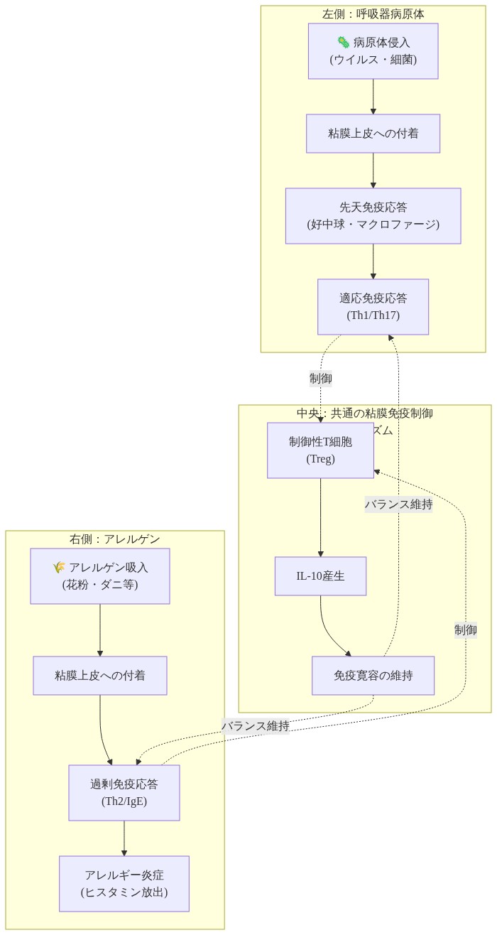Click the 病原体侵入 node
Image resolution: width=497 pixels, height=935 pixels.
coord(373,51)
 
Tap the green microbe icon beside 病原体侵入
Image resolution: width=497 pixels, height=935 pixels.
coord(344,43)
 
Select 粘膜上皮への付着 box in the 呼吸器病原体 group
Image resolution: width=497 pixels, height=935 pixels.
coord(373,134)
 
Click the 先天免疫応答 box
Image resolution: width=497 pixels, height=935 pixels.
coord(373,216)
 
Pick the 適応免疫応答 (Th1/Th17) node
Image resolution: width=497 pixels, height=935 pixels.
coord(373,307)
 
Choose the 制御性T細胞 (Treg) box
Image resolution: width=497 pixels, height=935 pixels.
coord(320,450)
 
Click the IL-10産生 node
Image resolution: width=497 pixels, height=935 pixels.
coord(320,576)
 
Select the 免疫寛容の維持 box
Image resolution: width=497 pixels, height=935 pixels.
coord(373,676)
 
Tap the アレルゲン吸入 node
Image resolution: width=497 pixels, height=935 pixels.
coord(99,576)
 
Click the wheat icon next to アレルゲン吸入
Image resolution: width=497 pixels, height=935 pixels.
coord(59,568)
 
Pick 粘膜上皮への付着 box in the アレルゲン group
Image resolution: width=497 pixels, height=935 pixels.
coord(99,676)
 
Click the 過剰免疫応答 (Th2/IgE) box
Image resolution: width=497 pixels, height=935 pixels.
coord(124,793)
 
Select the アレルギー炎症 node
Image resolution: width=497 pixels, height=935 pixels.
coord(124,884)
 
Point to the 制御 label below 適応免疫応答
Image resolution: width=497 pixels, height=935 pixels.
coord(321,379)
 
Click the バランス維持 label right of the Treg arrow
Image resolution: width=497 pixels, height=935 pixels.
coord(398,505)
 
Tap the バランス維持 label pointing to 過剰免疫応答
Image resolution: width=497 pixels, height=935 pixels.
coord(256,726)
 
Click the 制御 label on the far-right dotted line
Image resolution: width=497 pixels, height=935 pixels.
coord(466,629)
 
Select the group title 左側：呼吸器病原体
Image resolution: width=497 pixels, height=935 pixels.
coord(373,14)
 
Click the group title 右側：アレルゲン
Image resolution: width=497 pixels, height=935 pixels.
coord(114,539)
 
